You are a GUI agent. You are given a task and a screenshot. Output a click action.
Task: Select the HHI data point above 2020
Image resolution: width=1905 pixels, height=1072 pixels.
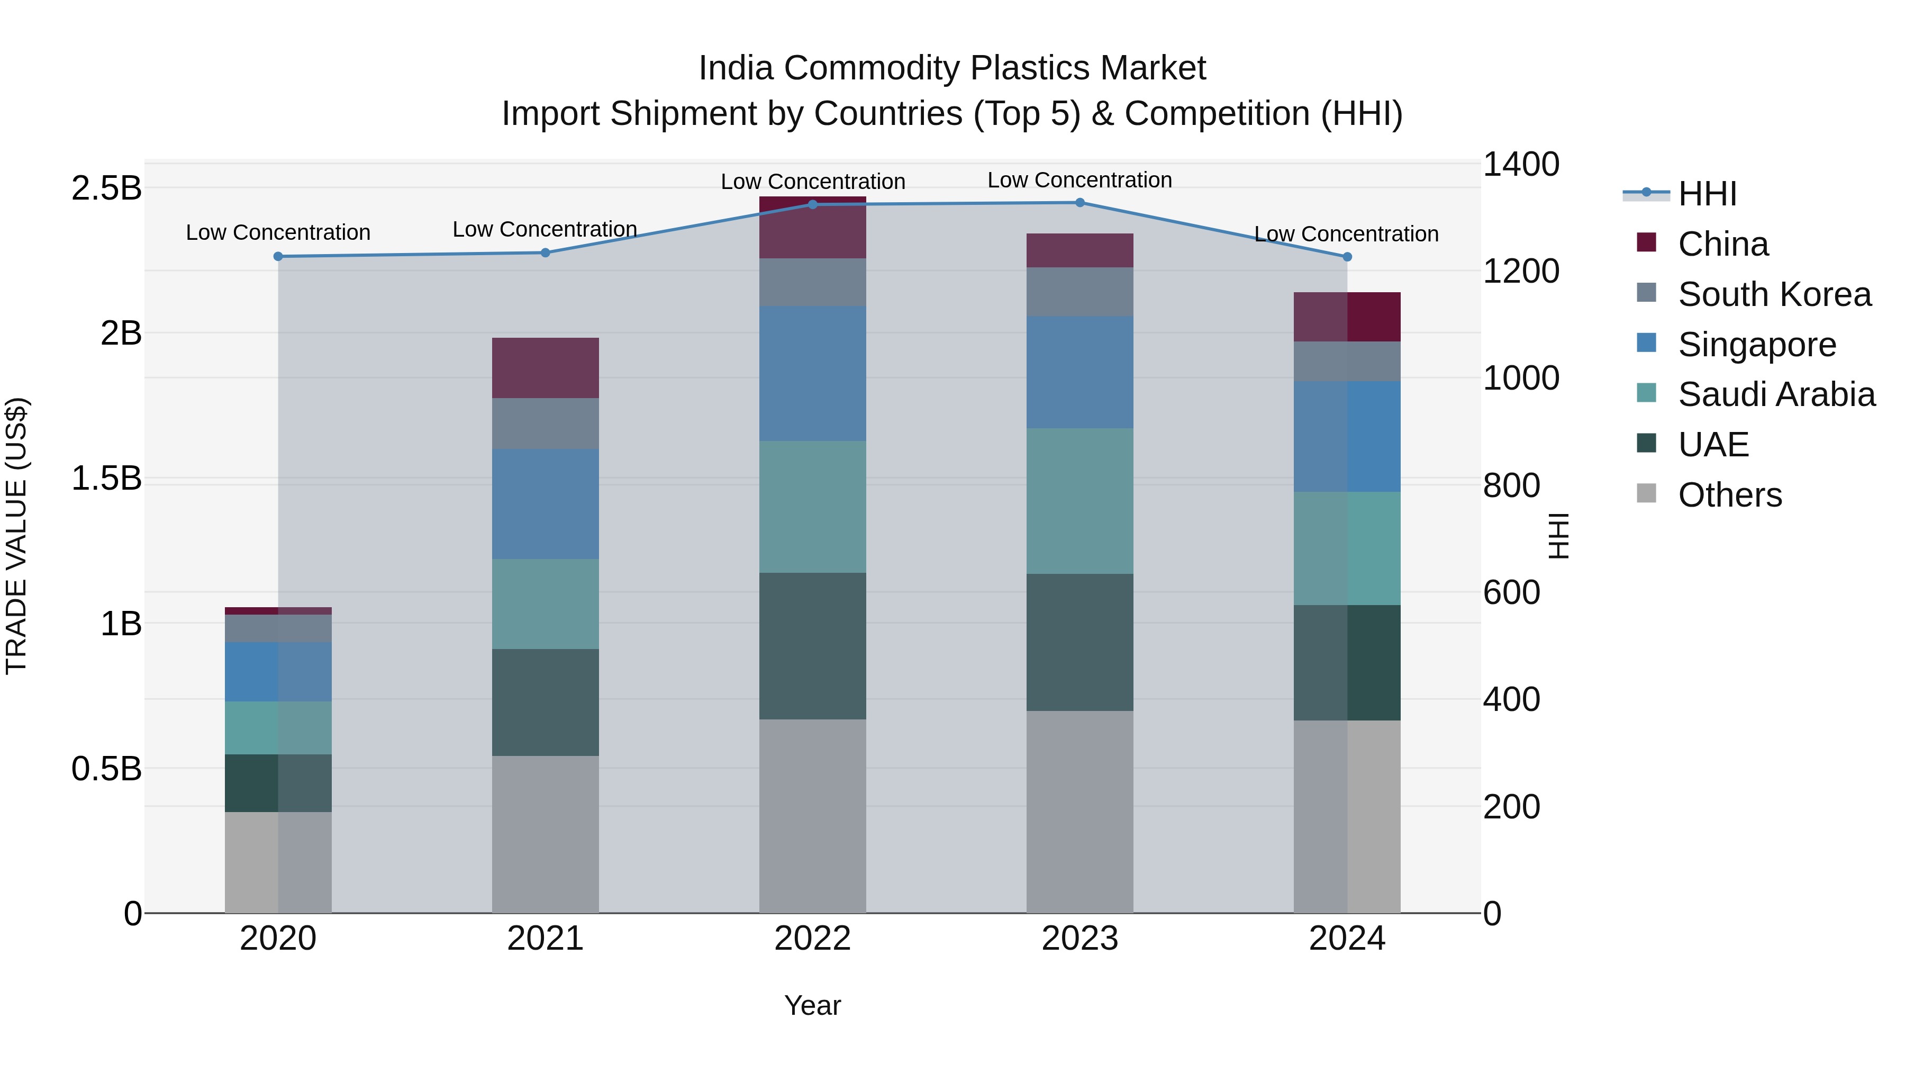278,256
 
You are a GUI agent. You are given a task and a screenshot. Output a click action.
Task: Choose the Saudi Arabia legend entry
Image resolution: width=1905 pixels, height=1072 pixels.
1775,394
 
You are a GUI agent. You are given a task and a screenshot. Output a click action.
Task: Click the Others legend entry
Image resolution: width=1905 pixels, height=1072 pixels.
1729,495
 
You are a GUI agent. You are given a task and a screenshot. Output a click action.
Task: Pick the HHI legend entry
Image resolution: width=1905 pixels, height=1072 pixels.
1706,194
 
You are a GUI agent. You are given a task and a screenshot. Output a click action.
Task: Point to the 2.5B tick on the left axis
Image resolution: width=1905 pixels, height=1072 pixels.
106,188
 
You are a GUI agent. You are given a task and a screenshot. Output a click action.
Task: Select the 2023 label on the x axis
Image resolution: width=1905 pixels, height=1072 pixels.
1079,939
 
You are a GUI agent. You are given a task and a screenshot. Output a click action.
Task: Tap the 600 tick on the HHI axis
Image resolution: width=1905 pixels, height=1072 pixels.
1512,592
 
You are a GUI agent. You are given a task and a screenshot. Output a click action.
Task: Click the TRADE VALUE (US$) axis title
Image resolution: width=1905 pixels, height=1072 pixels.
16,536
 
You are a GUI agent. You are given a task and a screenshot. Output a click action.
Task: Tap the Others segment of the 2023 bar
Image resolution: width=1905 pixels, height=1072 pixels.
1079,812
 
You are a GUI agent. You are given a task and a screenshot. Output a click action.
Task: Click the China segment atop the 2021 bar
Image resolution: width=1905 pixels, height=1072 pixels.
545,368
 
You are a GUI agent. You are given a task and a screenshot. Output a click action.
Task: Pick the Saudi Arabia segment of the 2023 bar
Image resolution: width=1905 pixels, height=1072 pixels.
1079,501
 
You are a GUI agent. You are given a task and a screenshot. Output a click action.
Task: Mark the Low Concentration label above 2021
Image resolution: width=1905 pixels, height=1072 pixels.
545,229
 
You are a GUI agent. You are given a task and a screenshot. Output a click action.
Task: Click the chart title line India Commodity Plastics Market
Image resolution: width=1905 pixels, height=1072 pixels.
952,68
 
